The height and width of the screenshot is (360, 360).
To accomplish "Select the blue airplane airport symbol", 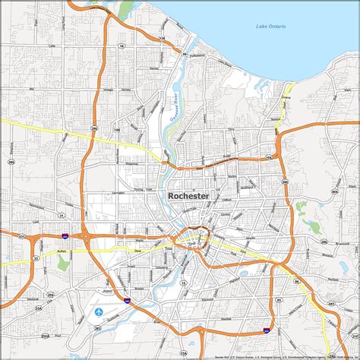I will coord(99,311).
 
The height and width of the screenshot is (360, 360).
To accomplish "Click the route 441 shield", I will coord(332,302).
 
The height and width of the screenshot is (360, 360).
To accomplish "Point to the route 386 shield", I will coord(11,162).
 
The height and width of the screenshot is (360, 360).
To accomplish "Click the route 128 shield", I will coord(162,36).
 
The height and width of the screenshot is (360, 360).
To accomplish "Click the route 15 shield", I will coord(185,283).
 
